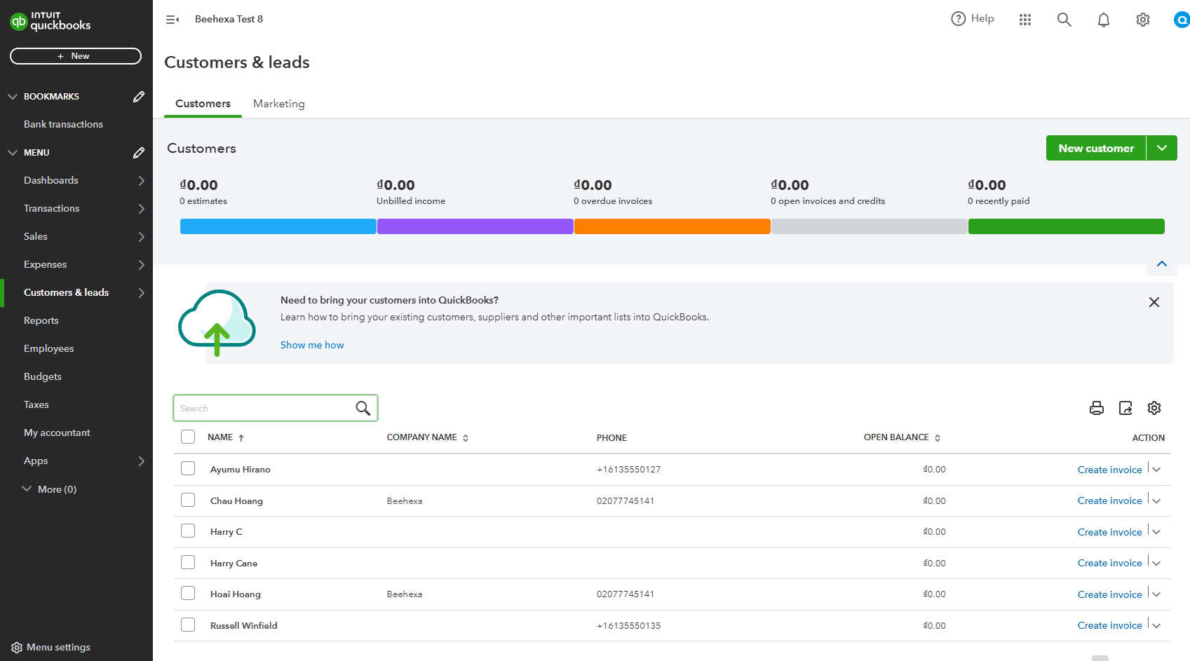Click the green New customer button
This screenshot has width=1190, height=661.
tap(1095, 148)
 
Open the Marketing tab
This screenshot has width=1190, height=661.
tap(279, 104)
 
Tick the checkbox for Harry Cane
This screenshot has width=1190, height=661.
tap(187, 562)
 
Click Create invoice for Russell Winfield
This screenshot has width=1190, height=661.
tap(1109, 625)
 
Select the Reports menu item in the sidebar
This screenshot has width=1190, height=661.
tap(41, 320)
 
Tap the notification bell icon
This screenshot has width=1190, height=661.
tap(1104, 20)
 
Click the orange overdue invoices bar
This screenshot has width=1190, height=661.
tap(672, 226)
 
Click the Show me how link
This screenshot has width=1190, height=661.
tap(312, 345)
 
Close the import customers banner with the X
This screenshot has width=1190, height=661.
tap(1154, 302)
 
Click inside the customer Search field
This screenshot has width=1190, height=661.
tap(264, 408)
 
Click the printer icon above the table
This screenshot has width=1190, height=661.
tap(1097, 408)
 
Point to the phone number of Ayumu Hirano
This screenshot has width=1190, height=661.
tap(628, 470)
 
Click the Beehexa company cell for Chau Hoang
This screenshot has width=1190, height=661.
tap(405, 500)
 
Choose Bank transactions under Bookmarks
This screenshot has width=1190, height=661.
tap(63, 124)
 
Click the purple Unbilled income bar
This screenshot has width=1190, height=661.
tap(475, 226)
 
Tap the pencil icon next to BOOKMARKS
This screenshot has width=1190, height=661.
tap(139, 97)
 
